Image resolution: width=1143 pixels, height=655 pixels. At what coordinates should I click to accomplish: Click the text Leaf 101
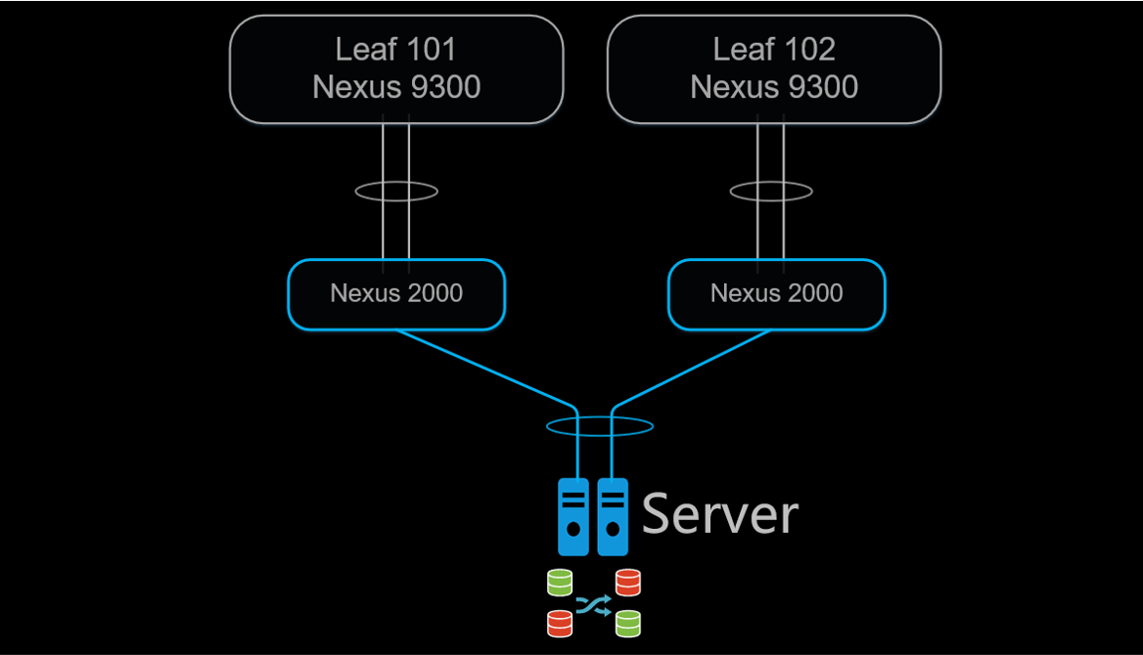tap(396, 49)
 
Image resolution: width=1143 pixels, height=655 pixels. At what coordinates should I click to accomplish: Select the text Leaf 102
tap(774, 49)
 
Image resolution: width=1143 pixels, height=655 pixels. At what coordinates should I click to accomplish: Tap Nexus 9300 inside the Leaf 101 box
tap(396, 87)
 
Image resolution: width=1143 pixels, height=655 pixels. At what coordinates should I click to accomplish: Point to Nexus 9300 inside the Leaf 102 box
tap(774, 87)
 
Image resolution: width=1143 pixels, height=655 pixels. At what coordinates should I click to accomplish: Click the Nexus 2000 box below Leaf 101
tap(396, 293)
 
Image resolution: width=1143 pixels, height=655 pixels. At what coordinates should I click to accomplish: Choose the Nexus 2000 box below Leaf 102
tap(776, 293)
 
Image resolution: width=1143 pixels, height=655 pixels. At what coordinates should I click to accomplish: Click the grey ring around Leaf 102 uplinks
tap(735, 192)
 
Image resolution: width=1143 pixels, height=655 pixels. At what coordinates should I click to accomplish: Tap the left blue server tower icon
tap(573, 516)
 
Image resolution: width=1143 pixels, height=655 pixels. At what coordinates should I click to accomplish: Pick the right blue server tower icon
tap(613, 516)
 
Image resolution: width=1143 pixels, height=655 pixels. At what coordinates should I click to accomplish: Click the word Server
tap(719, 514)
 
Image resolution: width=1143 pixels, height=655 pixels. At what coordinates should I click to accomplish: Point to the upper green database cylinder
tap(560, 583)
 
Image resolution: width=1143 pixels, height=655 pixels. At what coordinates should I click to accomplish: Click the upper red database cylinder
tap(627, 583)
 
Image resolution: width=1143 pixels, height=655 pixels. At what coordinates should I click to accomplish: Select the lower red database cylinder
tap(560, 622)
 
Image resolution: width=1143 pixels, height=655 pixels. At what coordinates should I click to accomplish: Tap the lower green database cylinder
tap(627, 623)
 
